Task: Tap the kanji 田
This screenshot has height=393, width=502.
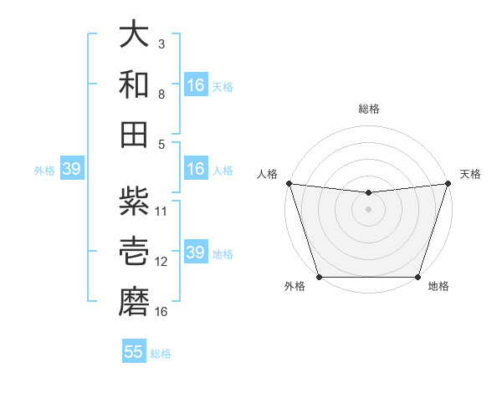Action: [x=134, y=134]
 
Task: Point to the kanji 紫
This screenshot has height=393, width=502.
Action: [x=134, y=201]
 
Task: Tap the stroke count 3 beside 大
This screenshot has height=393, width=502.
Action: [x=161, y=43]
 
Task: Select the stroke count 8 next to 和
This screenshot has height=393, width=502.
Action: [x=161, y=94]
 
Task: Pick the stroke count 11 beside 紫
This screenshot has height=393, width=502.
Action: [x=161, y=211]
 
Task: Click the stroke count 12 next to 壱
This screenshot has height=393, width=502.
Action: [x=161, y=261]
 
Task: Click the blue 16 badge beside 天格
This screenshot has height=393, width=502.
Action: [x=196, y=85]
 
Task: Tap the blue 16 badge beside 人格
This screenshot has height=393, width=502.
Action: [x=196, y=169]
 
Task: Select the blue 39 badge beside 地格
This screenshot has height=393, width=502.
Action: [x=196, y=253]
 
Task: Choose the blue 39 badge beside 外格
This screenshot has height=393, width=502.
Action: [x=71, y=169]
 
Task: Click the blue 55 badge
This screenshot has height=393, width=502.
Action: [x=134, y=352]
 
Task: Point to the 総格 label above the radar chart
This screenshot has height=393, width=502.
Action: [x=368, y=109]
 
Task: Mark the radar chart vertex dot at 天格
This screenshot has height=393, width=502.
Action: [x=448, y=183]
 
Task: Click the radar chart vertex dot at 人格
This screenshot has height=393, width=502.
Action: [x=289, y=183]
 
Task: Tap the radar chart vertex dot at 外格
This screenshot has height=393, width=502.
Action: [x=319, y=277]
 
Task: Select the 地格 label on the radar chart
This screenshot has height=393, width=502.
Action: [x=438, y=287]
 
